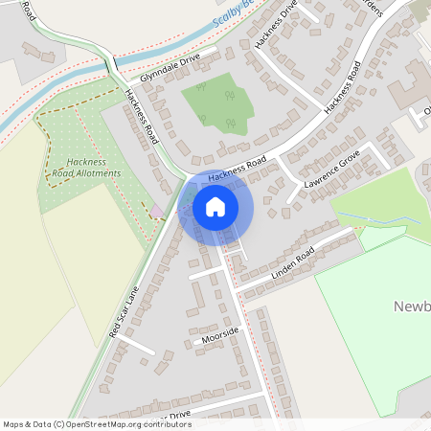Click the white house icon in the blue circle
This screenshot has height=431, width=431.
[215, 207]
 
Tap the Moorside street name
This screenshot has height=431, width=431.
[220, 331]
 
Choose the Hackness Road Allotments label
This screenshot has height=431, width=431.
[87, 168]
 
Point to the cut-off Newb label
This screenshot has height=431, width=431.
[411, 306]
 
